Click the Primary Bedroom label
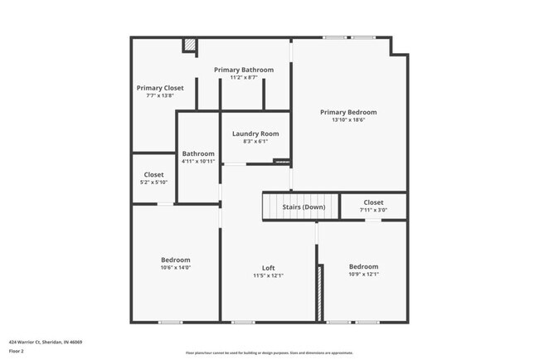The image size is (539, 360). click(348, 112)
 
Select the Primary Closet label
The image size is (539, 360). click(160, 87)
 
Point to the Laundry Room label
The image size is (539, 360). click(255, 134)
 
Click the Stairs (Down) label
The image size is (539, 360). click(303, 207)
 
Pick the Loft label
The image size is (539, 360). click(269, 267)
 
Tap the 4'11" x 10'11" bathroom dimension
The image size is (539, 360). click(199, 161)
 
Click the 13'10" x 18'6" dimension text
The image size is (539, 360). click(348, 120)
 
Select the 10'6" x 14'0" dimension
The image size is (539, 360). click(175, 267)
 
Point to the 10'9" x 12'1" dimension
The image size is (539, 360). click(363, 275)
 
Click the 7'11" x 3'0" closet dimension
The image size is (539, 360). click(373, 210)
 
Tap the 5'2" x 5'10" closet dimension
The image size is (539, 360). click(153, 182)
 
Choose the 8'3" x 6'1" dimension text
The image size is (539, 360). click(255, 141)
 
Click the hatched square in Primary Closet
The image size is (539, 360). click(190, 46)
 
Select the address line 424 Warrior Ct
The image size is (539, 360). click(46, 342)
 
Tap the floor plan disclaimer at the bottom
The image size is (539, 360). click(269, 352)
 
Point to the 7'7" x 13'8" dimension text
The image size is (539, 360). click(160, 95)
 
